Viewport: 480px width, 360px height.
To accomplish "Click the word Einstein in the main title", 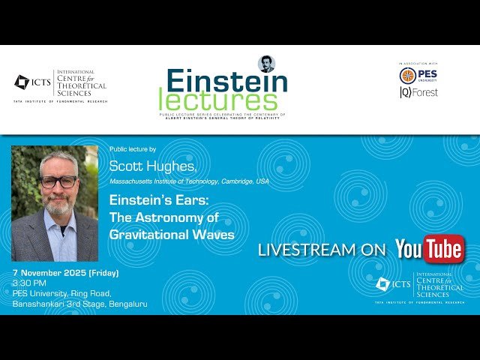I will (x=226, y=81).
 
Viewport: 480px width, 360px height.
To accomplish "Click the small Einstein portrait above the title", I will (x=266, y=64).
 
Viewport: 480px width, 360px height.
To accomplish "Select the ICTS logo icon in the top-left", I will (x=22, y=81).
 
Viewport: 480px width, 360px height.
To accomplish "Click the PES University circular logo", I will (x=407, y=76).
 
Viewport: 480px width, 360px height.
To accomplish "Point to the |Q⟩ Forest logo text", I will (x=418, y=92).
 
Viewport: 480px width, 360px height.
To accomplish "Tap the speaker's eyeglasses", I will (x=58, y=181).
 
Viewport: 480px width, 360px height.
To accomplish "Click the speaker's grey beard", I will (x=58, y=203).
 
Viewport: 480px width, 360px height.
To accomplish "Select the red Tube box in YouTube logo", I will (x=445, y=250).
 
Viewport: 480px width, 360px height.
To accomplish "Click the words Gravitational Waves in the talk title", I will (x=172, y=235).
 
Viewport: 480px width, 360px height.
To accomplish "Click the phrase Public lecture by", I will (x=132, y=149).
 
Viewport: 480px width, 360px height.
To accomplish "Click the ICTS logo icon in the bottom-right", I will (x=382, y=284).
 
